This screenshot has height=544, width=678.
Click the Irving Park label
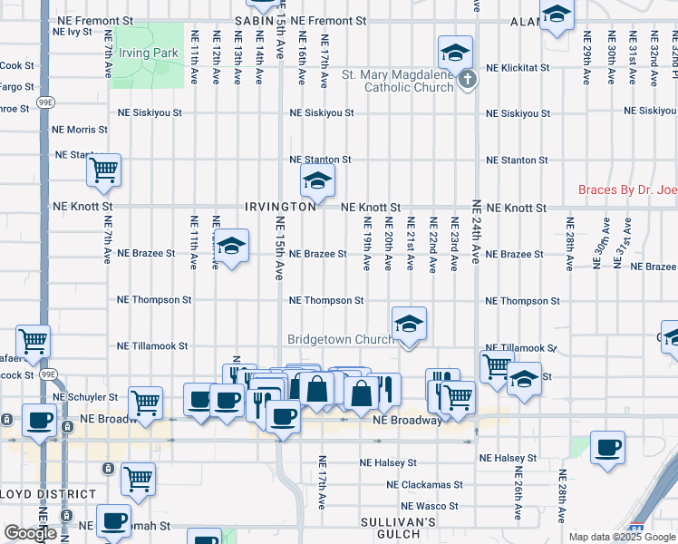click(152, 53)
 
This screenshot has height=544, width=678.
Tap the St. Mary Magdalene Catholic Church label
click(395, 81)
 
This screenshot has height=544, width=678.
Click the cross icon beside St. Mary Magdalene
click(467, 81)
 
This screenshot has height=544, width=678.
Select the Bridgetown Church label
click(341, 340)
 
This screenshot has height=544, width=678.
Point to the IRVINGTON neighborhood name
click(280, 207)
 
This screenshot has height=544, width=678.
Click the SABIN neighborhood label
click(254, 20)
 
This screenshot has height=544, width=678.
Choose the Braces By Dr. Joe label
click(627, 191)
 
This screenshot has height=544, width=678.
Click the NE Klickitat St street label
click(518, 68)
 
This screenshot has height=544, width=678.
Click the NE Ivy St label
click(73, 32)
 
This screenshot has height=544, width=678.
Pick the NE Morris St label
click(81, 131)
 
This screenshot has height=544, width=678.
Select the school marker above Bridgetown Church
click(409, 323)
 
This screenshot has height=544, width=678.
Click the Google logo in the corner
click(31, 534)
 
